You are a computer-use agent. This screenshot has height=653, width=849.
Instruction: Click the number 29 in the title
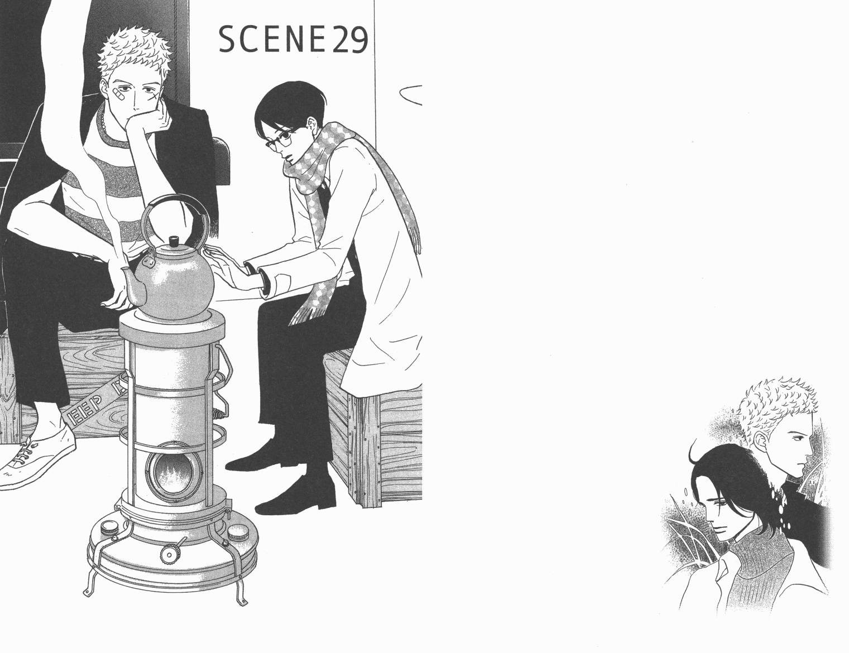[x=349, y=41]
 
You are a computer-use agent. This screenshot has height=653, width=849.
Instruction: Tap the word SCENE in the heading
[x=273, y=41]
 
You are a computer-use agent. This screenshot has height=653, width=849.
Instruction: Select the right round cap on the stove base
[x=236, y=532]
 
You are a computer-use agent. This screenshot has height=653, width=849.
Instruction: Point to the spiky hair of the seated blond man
[x=134, y=55]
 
